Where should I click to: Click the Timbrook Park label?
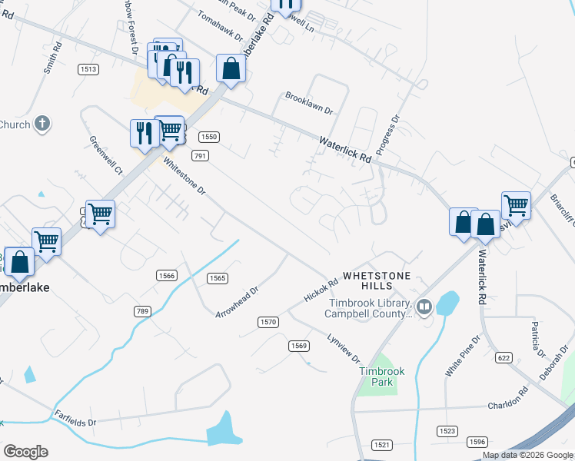(377, 376)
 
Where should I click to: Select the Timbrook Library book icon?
(424, 307)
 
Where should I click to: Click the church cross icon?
(42, 123)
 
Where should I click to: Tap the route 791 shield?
(200, 156)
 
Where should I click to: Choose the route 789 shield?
(141, 310)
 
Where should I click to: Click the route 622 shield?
(504, 357)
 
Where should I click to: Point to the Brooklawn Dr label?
(309, 104)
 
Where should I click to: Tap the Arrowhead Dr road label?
(238, 302)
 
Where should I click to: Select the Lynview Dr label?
(344, 348)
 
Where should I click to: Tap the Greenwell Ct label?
(106, 154)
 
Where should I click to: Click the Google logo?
(25, 452)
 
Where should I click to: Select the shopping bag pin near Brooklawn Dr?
(231, 69)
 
